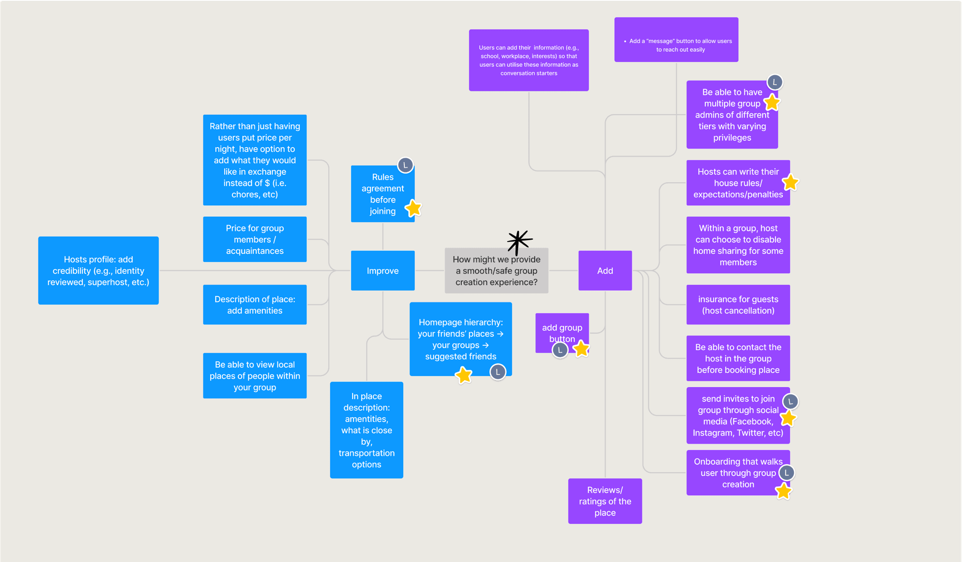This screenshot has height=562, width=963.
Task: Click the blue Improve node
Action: [x=383, y=270]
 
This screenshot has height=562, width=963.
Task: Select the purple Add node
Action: [x=605, y=270]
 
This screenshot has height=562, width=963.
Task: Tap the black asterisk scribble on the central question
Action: [x=519, y=242]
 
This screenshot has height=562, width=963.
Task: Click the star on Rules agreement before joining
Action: [x=413, y=208]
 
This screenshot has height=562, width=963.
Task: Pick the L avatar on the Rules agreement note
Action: [x=405, y=165]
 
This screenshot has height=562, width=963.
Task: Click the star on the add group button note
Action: [x=581, y=349]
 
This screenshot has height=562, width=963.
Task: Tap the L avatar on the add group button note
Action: [x=560, y=350]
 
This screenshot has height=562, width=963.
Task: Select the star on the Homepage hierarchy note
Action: [x=464, y=375]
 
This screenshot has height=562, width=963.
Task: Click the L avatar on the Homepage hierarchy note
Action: [x=498, y=372]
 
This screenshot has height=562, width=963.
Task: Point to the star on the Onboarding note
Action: [x=783, y=491]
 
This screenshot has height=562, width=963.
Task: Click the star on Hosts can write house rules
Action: [x=790, y=182]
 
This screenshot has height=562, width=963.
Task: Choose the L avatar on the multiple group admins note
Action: [x=775, y=82]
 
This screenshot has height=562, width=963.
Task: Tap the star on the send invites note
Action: [x=788, y=418]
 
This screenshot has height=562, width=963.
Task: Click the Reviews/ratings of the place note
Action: [x=605, y=501]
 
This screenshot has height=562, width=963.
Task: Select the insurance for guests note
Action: [x=738, y=304]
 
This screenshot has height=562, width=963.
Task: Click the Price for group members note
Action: [x=255, y=239]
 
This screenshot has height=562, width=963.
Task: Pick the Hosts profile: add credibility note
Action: [x=98, y=270]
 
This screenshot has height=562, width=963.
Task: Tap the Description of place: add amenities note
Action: [x=255, y=304]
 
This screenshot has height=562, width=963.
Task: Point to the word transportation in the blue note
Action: [x=367, y=453]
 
